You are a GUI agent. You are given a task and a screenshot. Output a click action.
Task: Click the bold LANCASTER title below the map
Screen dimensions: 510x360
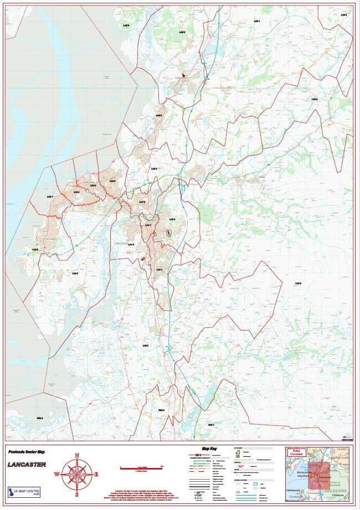click(27, 464)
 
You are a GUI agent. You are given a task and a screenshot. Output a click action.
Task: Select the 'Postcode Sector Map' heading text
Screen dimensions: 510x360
click(26, 452)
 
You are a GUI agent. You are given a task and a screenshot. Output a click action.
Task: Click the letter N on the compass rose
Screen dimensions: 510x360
click(76, 455)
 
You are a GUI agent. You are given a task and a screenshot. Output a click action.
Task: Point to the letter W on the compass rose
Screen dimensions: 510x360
click(56, 475)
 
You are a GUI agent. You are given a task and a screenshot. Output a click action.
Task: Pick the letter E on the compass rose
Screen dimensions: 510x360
click(96, 475)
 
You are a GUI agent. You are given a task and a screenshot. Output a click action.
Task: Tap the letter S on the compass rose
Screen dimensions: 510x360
click(76, 494)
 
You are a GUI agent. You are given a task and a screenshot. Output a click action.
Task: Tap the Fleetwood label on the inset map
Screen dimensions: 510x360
click(294, 491)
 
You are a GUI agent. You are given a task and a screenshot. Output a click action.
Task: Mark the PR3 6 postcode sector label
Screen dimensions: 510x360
click(39, 418)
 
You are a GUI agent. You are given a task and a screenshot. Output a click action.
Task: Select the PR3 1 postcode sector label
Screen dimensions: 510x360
click(210, 425)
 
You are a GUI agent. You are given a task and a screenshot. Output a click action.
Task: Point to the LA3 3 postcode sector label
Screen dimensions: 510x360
click(74, 273)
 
